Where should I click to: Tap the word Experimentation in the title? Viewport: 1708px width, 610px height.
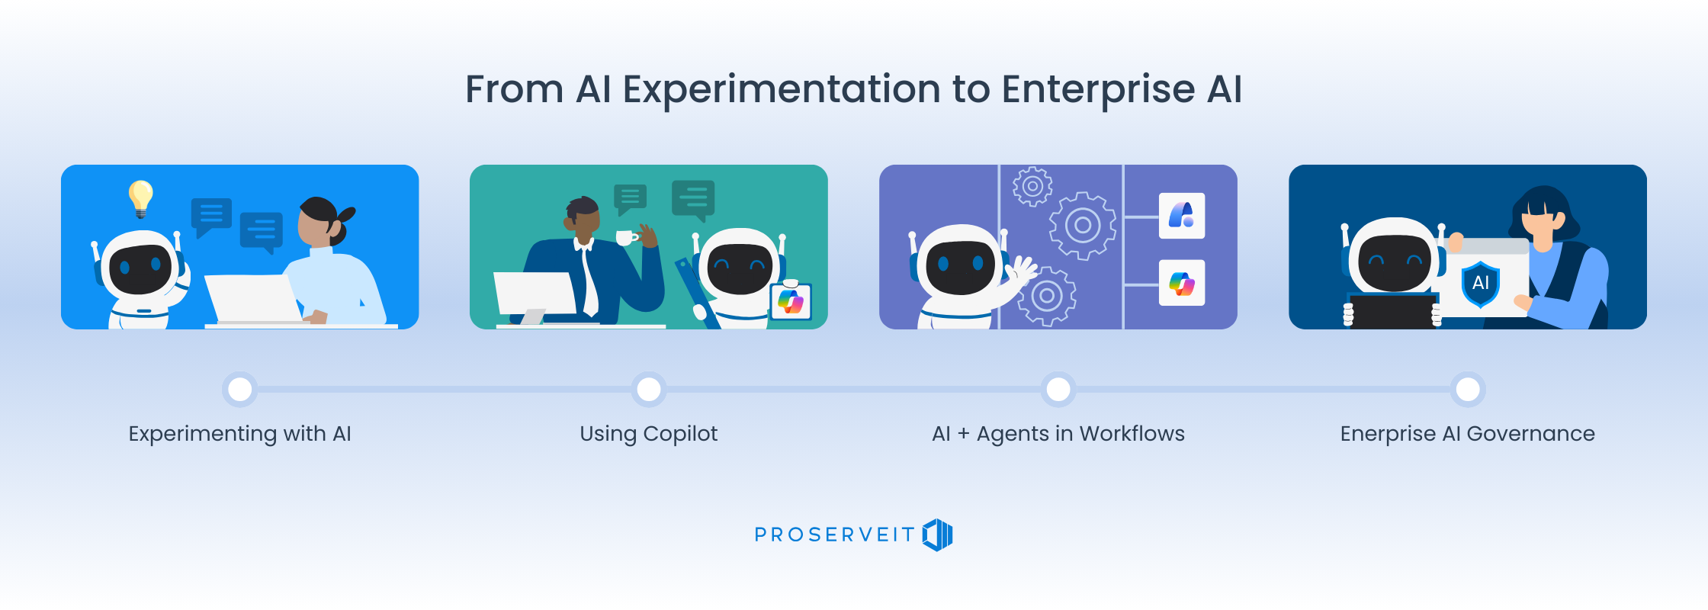click(782, 91)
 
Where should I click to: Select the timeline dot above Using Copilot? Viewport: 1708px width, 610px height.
click(649, 390)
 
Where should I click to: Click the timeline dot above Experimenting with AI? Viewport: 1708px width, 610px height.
click(240, 390)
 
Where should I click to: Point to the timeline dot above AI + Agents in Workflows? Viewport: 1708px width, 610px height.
click(1058, 390)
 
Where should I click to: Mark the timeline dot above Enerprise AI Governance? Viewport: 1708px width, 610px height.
click(1468, 390)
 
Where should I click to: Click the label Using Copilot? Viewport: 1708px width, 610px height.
click(649, 434)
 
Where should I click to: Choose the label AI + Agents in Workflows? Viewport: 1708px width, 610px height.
click(1058, 434)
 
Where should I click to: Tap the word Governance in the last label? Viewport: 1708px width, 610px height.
click(1531, 434)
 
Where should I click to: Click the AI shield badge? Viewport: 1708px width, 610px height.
click(1481, 284)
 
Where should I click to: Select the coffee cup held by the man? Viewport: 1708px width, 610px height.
click(626, 238)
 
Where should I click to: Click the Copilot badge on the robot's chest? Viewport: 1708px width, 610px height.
click(791, 301)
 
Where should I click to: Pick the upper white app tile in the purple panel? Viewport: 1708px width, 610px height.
click(1182, 216)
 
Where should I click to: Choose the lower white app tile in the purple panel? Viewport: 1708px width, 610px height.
click(1182, 283)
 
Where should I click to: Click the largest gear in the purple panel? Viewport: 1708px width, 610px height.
click(1082, 225)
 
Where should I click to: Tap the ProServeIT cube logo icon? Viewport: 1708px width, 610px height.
click(938, 535)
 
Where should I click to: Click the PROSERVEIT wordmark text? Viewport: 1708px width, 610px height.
click(834, 535)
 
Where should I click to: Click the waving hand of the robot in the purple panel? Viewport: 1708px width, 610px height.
click(1021, 270)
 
